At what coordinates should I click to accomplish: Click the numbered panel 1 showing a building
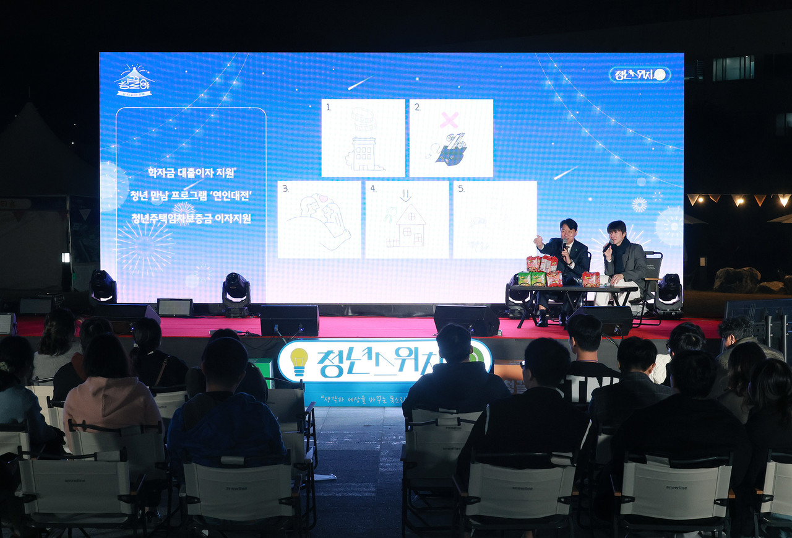tap(363, 138)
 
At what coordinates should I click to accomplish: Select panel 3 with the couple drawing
tap(319, 219)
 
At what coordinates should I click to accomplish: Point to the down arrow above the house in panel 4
tap(406, 196)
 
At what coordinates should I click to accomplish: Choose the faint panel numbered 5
tap(494, 219)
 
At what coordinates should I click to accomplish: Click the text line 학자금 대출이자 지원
tap(191, 171)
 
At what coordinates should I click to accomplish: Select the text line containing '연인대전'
tap(191, 195)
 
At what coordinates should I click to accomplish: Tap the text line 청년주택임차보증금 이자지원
tap(191, 218)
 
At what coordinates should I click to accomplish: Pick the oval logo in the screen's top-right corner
tap(639, 75)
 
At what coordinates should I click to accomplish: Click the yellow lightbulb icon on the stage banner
tap(299, 361)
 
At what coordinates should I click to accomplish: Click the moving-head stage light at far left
tap(103, 286)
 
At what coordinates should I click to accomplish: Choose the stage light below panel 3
tap(236, 293)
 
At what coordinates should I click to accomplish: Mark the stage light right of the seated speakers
tap(668, 293)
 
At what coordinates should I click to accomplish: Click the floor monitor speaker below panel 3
tap(289, 320)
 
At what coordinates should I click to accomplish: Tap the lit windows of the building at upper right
tap(733, 68)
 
